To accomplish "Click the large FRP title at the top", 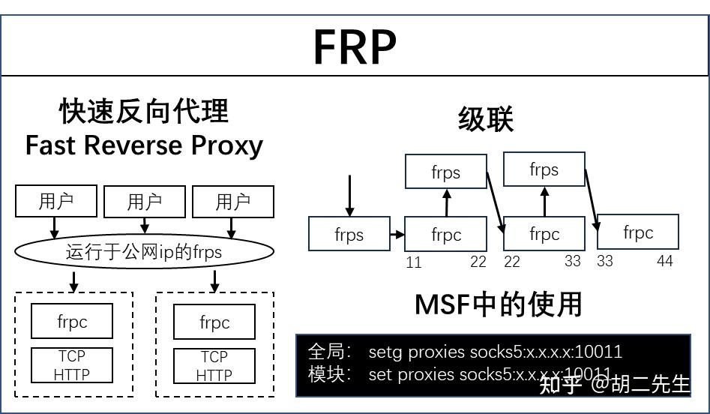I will click(354, 46).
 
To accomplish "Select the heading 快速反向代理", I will click(144, 112).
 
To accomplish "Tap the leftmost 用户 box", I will click(57, 202).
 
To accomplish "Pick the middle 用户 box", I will click(144, 202).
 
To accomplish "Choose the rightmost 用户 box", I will click(232, 202).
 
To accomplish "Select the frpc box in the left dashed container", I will click(72, 321).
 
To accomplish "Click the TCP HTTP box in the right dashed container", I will click(214, 366).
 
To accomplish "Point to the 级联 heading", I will click(485, 119).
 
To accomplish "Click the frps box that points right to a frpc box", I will click(349, 234).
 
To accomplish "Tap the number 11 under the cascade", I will click(414, 262).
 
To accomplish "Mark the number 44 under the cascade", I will click(664, 261).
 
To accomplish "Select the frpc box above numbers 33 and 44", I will click(638, 232).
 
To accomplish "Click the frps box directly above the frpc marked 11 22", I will click(445, 172).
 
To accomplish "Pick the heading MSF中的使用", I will click(498, 304).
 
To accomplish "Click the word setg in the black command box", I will click(386, 352).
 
